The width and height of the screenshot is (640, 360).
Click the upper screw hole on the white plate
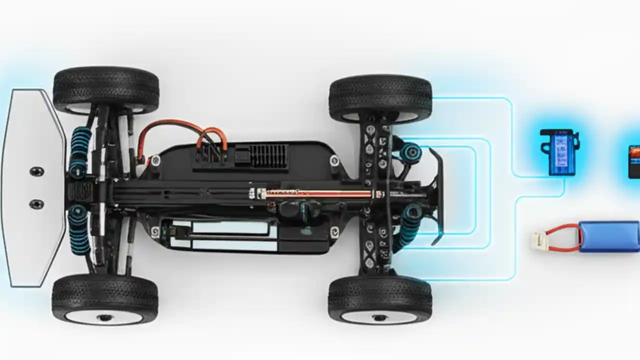[x=36, y=171]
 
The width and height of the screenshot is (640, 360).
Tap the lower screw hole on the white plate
[x=36, y=204]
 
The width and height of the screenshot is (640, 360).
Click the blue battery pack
[x=609, y=236]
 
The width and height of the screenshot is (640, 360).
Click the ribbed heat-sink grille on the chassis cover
[x=269, y=156]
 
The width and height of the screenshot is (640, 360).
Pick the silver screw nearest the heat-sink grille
[x=334, y=160]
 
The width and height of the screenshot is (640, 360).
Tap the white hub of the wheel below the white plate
[x=104, y=316]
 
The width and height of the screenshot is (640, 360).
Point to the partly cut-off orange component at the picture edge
[x=634, y=161]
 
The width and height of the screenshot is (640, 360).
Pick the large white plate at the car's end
[x=32, y=187]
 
